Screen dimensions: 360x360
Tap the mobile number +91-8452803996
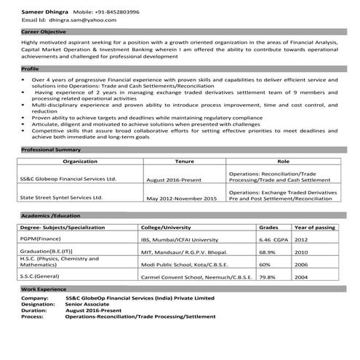[x=116, y=12]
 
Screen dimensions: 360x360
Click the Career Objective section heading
[x=44, y=33]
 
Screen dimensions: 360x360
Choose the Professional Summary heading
[x=51, y=149]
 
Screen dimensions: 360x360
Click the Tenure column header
[x=185, y=161]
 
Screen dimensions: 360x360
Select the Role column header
[x=283, y=161]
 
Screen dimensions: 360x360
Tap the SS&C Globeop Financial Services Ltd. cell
[x=68, y=178]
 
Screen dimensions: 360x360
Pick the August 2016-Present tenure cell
[x=175, y=179]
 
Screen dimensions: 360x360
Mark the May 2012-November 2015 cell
[x=182, y=198]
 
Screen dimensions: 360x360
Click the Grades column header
[x=268, y=227]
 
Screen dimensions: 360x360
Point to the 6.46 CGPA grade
[x=273, y=239]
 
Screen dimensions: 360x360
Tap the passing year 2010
[x=302, y=252]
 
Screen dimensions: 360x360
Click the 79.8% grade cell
[x=268, y=277]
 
